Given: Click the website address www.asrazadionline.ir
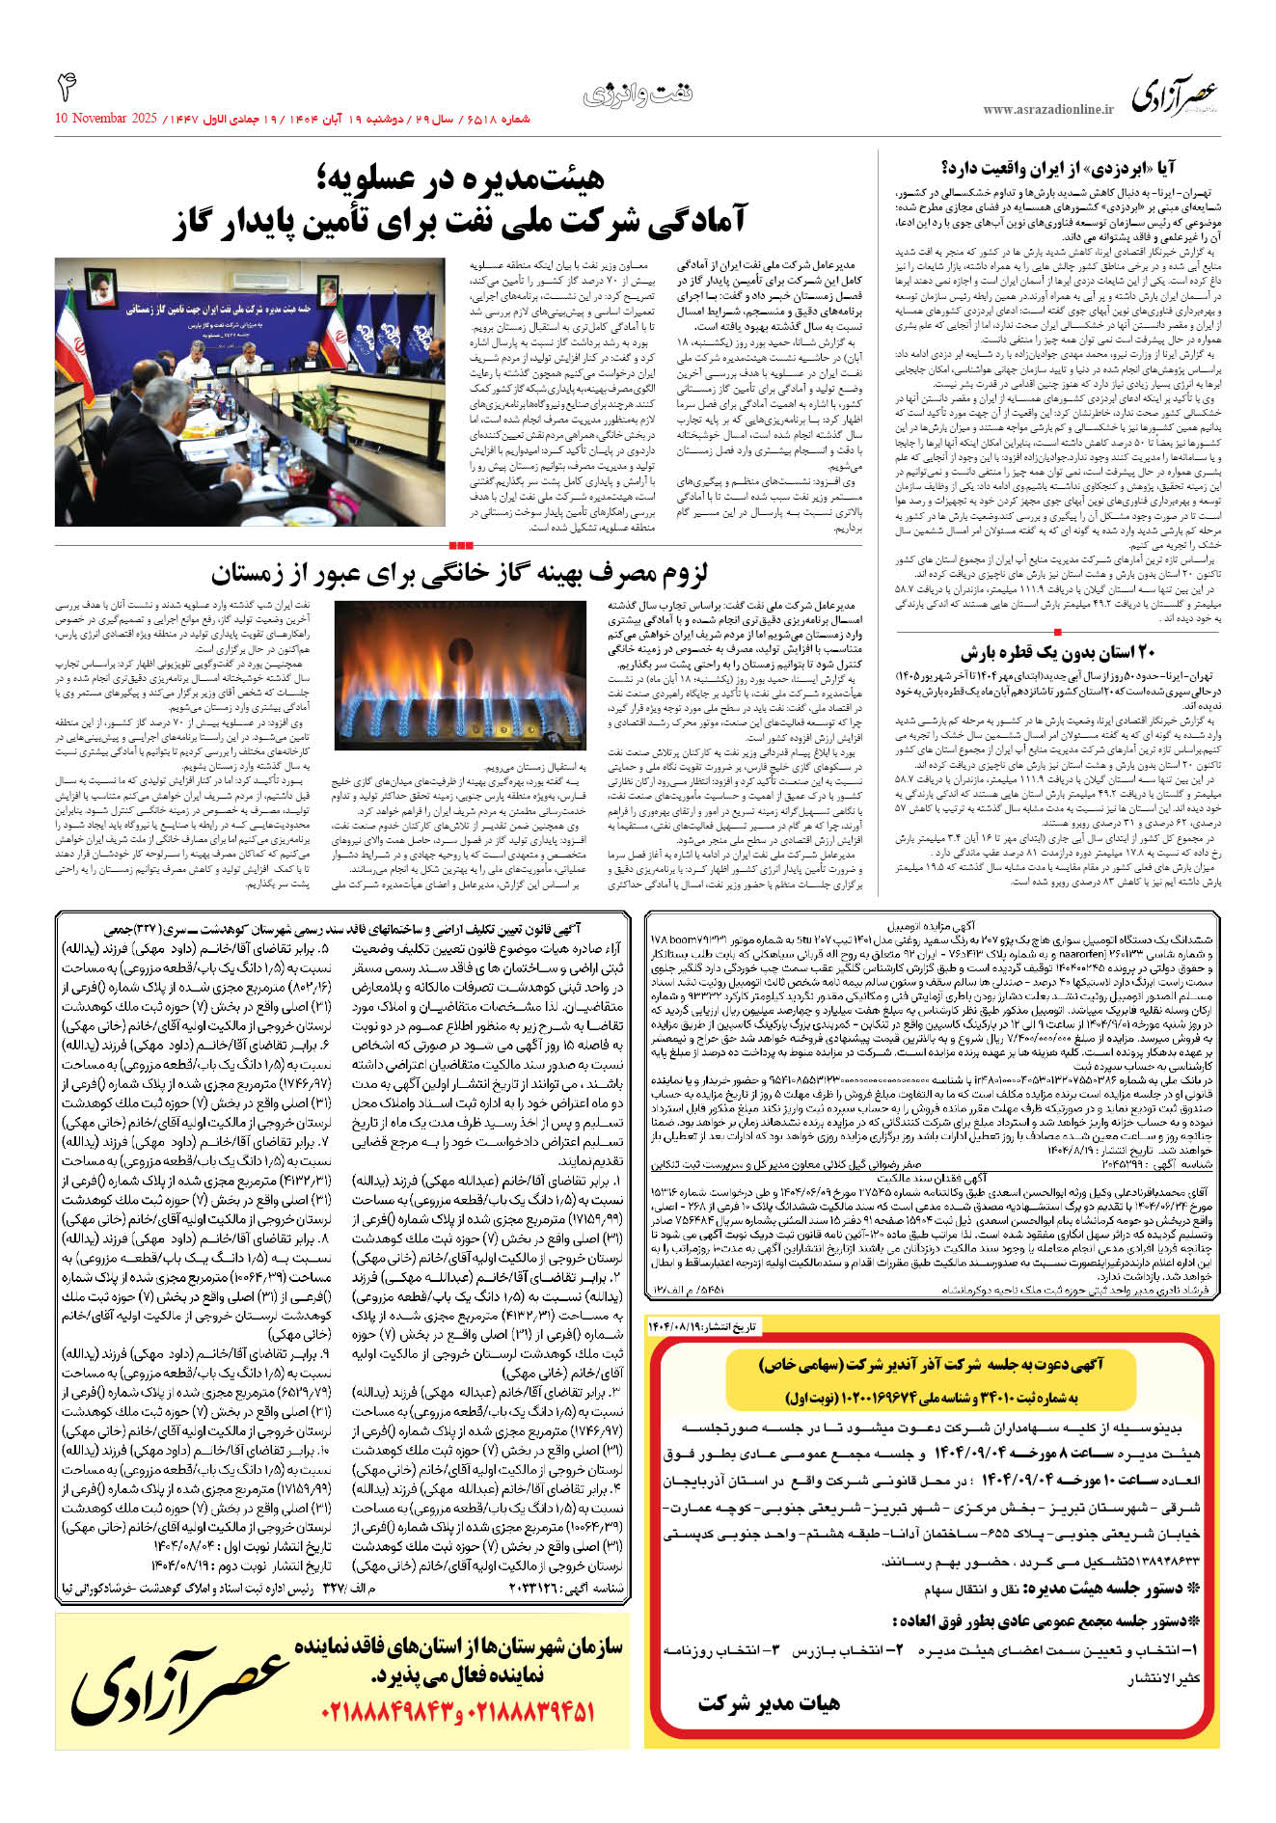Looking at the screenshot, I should click(1047, 110).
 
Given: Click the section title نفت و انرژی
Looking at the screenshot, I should click(638, 95).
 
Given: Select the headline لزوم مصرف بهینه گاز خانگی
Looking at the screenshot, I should click(459, 575).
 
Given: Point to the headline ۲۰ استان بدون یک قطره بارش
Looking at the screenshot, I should click(1058, 652).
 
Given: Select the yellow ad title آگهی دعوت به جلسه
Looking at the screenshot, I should click(931, 1364).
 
